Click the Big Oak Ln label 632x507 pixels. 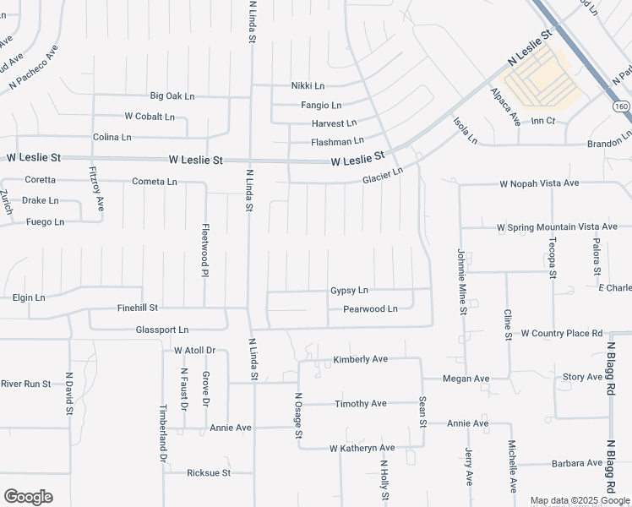pyautogui.click(x=172, y=96)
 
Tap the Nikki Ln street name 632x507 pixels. pyautogui.click(x=308, y=85)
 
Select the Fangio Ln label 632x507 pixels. pyautogui.click(x=321, y=106)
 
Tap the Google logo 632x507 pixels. pyautogui.click(x=28, y=497)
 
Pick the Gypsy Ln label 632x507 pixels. pyautogui.click(x=349, y=291)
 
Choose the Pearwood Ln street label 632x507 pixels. pyautogui.click(x=369, y=309)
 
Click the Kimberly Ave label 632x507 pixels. pyautogui.click(x=360, y=359)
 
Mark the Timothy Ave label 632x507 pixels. pyautogui.click(x=361, y=404)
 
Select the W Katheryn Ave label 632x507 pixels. pyautogui.click(x=362, y=448)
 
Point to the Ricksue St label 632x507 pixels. pyautogui.click(x=209, y=473)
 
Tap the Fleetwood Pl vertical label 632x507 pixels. pyautogui.click(x=204, y=249)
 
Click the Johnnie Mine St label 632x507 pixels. pyautogui.click(x=462, y=281)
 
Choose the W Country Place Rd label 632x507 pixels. pyautogui.click(x=561, y=334)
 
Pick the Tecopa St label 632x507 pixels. pyautogui.click(x=552, y=257)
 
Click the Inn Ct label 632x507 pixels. pyautogui.click(x=542, y=122)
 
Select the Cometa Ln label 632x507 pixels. pyautogui.click(x=155, y=182)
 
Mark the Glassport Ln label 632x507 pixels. pyautogui.click(x=161, y=330)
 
